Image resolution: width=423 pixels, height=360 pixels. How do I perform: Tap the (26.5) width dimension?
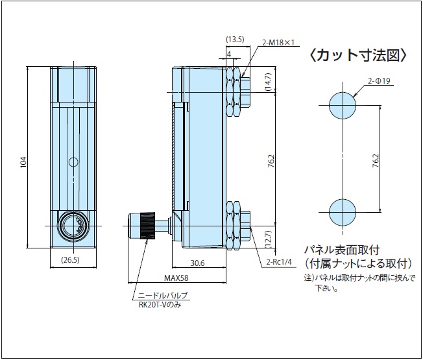69,261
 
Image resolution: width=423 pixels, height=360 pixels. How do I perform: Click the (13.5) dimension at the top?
234,39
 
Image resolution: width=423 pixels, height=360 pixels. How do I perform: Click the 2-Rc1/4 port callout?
281,263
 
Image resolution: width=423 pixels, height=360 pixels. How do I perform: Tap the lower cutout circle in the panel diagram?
343,212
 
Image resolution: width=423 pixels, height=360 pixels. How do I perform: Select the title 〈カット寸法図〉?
357,55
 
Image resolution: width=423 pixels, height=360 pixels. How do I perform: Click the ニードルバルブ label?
163,296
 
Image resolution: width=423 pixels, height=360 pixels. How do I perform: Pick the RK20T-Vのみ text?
160,304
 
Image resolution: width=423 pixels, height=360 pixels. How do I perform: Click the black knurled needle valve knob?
145,225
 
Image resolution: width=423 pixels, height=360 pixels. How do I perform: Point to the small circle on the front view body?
73,161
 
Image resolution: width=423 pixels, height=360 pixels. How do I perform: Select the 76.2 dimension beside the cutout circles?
375,158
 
